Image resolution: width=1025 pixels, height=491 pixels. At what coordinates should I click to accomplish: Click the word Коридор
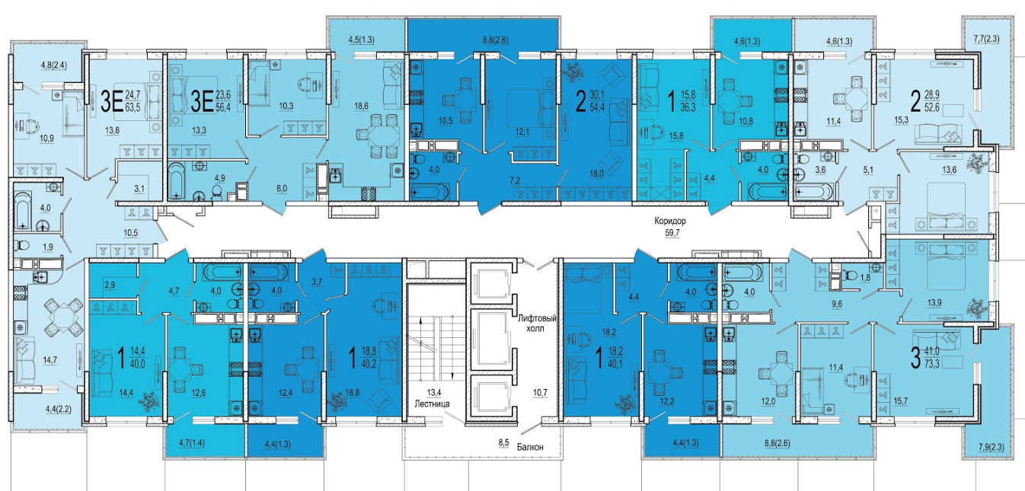[670, 221]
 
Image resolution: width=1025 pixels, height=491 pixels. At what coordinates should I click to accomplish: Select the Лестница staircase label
[432, 403]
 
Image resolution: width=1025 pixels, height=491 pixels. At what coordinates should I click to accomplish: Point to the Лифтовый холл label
[537, 323]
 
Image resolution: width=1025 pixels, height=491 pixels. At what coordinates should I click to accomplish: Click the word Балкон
[530, 447]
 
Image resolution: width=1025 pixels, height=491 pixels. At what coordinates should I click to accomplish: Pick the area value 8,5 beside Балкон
[504, 442]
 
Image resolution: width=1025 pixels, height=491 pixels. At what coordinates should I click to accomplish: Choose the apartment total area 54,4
[597, 107]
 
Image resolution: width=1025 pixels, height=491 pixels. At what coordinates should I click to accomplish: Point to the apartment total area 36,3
[688, 107]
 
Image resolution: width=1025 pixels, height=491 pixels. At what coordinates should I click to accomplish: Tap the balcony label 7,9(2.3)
[991, 447]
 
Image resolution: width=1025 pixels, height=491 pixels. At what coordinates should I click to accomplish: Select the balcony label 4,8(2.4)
[53, 65]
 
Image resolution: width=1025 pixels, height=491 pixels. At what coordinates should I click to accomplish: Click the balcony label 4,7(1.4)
[192, 442]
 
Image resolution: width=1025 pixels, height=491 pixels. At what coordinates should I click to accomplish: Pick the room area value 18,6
[361, 106]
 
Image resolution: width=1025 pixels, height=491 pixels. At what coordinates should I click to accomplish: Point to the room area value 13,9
[934, 302]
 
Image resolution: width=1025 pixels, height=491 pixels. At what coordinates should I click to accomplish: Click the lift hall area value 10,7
[540, 392]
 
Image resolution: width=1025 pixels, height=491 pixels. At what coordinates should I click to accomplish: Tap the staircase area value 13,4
[434, 392]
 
